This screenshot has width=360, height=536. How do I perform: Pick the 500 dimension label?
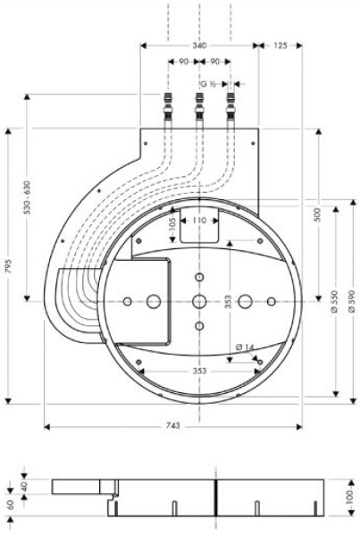pyautogui.click(x=318, y=215)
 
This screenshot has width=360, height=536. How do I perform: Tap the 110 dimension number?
pyautogui.click(x=198, y=218)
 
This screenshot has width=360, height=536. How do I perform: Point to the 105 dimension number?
pyautogui.click(x=172, y=228)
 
